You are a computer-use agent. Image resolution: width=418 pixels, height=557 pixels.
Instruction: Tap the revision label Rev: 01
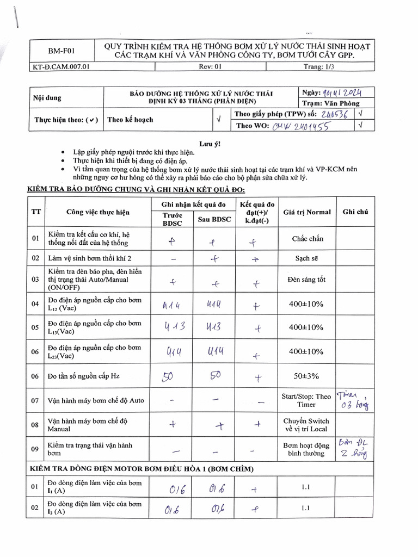tap(211, 67)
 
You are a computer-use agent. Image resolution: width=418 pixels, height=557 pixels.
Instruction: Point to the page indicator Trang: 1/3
tap(319, 67)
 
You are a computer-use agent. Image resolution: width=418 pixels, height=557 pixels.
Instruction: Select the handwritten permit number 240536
tap(335, 114)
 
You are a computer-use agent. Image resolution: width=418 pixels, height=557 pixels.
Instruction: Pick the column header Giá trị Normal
tap(306, 212)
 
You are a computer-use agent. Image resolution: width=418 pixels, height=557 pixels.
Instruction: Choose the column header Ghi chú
tap(355, 212)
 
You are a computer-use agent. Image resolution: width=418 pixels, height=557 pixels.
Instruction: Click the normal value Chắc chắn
tap(307, 238)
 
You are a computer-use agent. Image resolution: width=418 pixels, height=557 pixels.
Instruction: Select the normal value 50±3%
tap(306, 376)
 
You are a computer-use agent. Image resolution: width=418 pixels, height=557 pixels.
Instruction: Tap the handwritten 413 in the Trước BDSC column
tap(173, 327)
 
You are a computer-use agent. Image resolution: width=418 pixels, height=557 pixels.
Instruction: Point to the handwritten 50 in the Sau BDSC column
tap(214, 375)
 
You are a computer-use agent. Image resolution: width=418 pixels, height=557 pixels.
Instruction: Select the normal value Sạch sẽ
tap(307, 258)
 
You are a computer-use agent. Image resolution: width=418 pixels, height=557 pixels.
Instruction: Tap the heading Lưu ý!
tap(210, 144)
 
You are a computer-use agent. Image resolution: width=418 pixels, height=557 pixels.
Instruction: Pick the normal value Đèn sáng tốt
tap(306, 280)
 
